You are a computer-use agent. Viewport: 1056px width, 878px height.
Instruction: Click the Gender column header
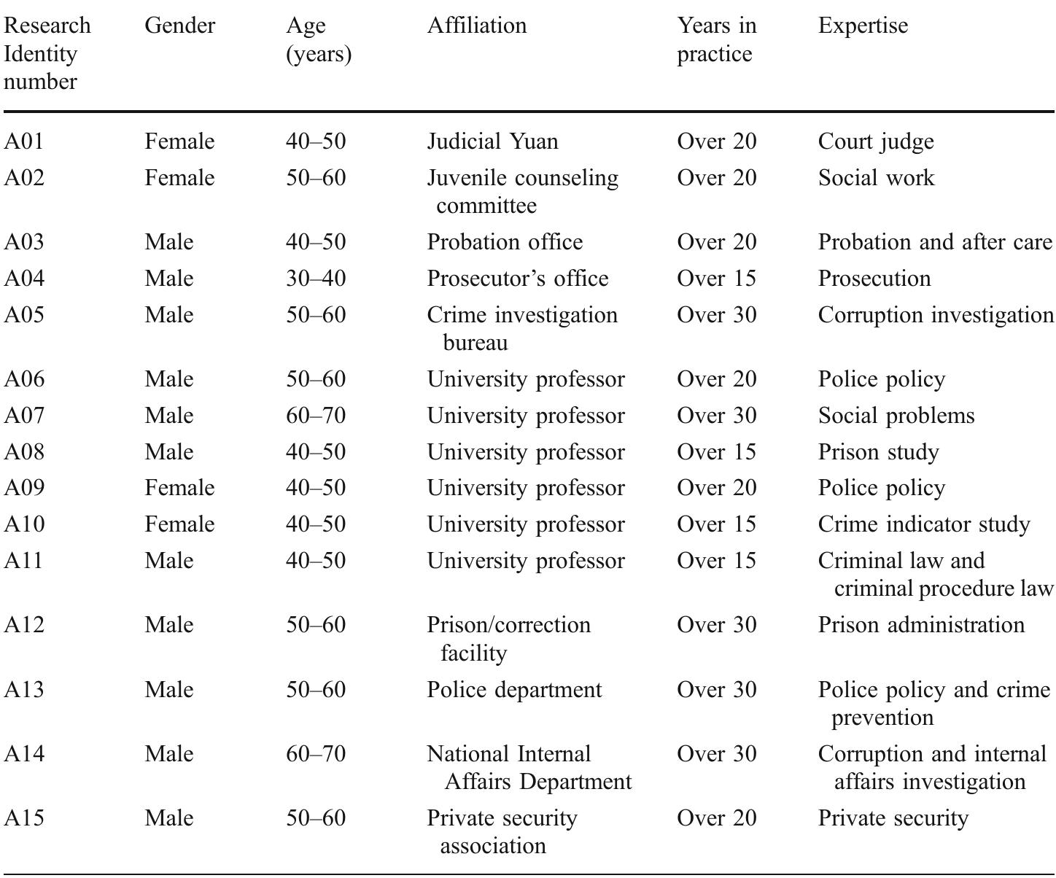click(179, 26)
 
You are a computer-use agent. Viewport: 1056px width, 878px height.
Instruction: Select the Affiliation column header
click(476, 26)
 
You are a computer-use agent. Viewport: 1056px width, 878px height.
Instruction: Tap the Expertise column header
click(863, 26)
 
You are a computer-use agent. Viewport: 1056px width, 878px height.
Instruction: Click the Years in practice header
click(716, 39)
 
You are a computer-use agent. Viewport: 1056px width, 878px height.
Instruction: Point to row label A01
click(24, 141)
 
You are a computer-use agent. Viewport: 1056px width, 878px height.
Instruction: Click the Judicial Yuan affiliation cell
click(492, 141)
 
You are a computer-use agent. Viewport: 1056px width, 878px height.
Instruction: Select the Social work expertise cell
click(876, 177)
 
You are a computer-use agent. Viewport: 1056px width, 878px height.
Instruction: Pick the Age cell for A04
click(315, 278)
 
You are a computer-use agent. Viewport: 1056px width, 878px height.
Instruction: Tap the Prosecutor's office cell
click(517, 278)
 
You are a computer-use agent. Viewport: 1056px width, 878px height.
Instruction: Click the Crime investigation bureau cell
click(521, 328)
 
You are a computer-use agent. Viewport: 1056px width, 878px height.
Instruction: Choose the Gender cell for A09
click(179, 487)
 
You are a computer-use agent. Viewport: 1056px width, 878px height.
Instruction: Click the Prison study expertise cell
click(878, 451)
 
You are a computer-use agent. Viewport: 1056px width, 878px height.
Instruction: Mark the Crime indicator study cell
click(923, 524)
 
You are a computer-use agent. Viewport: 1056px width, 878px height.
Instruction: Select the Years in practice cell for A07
click(716, 415)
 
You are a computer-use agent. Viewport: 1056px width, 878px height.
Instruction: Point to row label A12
click(24, 624)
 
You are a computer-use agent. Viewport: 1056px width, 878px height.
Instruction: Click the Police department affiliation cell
click(514, 689)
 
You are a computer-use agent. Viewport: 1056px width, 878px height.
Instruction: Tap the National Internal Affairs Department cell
click(529, 767)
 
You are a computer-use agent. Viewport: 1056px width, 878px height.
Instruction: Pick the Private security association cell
click(502, 831)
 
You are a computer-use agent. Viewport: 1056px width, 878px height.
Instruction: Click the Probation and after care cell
click(934, 241)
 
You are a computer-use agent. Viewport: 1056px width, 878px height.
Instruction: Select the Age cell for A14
click(315, 753)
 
